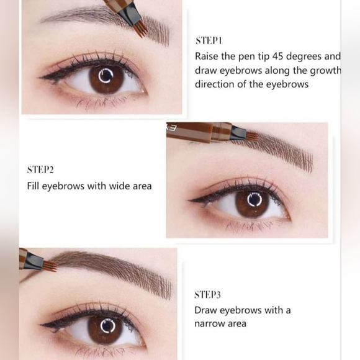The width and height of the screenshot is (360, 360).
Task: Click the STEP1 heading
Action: coord(209,40)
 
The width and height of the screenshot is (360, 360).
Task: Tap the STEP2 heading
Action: coord(42,169)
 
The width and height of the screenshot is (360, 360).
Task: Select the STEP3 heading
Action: coord(209,294)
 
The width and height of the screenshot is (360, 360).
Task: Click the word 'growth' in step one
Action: coord(323,70)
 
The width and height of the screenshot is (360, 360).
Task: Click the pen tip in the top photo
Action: coord(133,23)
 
